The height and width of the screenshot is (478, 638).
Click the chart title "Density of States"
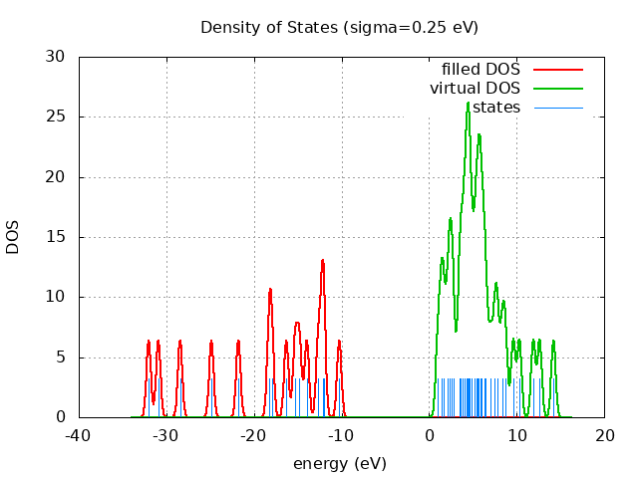tap(270, 27)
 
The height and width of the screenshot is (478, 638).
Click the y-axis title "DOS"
tap(13, 237)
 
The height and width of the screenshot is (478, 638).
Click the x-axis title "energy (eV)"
tap(339, 463)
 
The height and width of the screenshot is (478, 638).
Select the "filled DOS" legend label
tap(480, 70)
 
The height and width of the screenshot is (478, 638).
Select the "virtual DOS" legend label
tap(475, 89)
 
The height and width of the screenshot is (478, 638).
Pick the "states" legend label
tap(495, 107)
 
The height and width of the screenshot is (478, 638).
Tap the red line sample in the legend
tap(557, 70)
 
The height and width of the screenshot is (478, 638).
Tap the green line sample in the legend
tap(557, 89)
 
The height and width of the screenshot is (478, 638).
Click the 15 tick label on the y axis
tap(57, 237)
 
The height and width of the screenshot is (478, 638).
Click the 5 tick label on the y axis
tap(62, 358)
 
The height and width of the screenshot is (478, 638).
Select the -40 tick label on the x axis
tap(79, 435)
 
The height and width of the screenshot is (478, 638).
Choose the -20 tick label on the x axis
tap(254, 435)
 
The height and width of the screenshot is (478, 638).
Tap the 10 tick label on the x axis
tap(517, 435)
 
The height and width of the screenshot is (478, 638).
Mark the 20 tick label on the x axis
tap(605, 435)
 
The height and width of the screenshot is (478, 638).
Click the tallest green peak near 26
tap(468, 103)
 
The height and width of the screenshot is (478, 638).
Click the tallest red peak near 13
tap(323, 260)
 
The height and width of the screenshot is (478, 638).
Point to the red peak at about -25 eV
tap(211, 342)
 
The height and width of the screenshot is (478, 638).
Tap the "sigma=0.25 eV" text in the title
tap(411, 27)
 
